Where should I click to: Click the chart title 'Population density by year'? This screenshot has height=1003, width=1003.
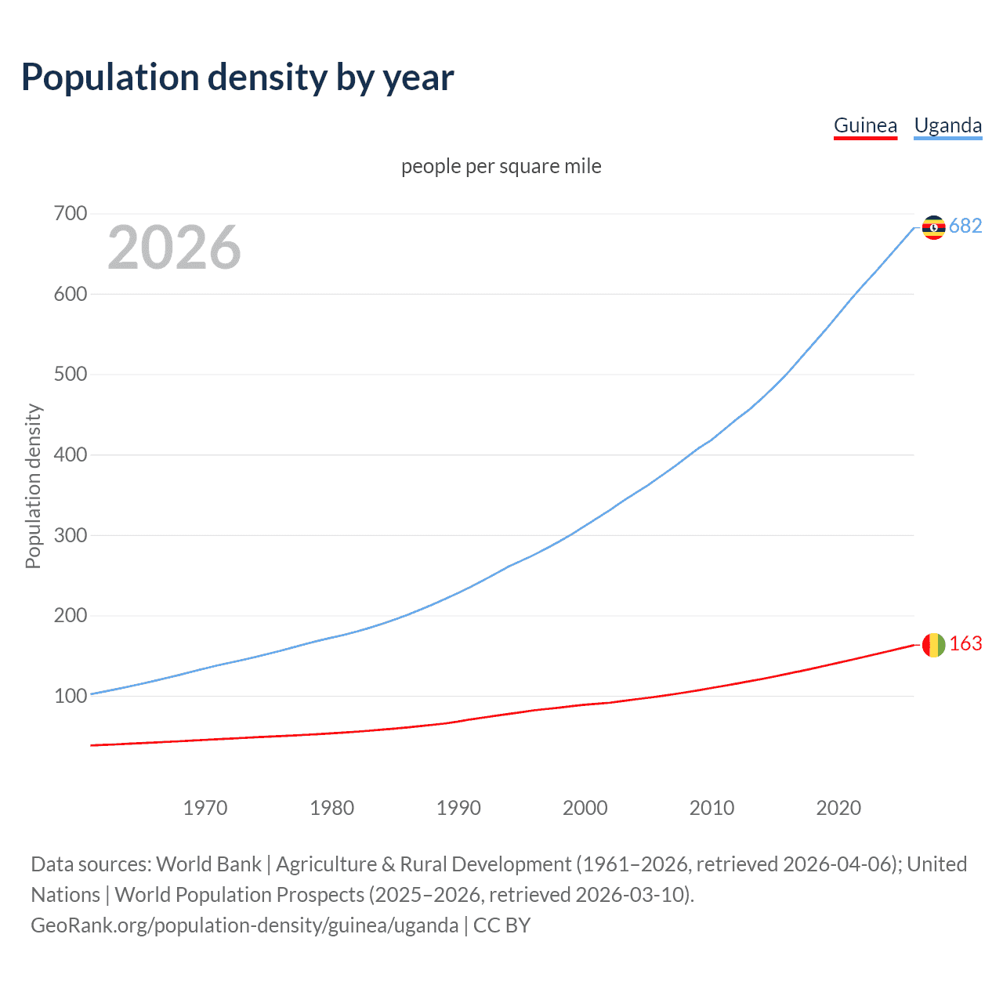[237, 78]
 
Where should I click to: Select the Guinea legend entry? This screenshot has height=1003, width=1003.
[865, 125]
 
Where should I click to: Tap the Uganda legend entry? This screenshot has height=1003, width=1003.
[947, 125]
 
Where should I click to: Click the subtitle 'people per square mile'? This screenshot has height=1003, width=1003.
[501, 166]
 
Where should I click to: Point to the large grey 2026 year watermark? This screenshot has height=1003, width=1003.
[174, 248]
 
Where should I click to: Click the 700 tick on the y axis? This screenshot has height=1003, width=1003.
[71, 213]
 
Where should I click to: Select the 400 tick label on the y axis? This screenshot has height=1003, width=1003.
[71, 454]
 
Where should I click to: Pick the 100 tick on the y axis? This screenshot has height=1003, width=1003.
[71, 696]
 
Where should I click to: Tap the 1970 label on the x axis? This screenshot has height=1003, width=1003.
[205, 808]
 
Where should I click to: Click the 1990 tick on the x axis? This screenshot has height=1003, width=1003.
[458, 808]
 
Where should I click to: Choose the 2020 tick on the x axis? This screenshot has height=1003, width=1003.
[838, 808]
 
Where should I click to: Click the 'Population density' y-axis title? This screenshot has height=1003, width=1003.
[33, 486]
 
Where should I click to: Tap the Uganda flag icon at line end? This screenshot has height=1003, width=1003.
[933, 227]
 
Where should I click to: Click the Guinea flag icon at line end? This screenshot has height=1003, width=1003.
[933, 645]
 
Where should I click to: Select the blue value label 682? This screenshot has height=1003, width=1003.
[965, 226]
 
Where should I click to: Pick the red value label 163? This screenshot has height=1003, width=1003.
[965, 643]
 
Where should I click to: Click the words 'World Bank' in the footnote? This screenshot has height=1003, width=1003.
[208, 864]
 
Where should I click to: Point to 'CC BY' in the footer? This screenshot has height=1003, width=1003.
[501, 925]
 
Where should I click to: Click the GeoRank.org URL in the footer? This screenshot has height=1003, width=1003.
[244, 925]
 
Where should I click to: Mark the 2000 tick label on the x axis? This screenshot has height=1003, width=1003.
[585, 808]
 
